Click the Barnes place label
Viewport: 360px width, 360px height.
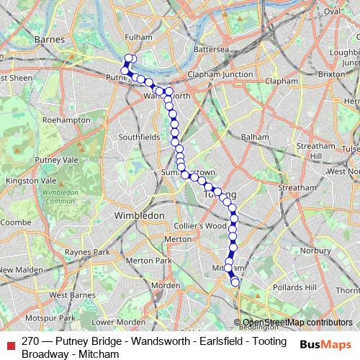coord(50,40)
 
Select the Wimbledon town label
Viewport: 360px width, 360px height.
coord(140,215)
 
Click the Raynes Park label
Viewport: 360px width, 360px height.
coord(87,252)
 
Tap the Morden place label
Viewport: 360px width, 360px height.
coord(167,285)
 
